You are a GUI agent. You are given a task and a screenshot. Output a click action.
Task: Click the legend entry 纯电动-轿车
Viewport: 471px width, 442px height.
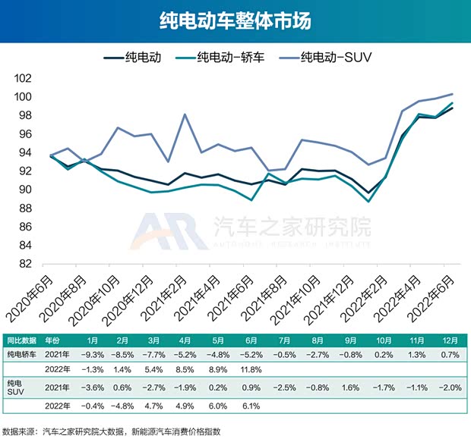pyautogui.click(x=220, y=57)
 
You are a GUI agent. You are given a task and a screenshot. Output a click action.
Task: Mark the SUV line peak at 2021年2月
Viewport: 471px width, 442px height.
pyautogui.click(x=185, y=114)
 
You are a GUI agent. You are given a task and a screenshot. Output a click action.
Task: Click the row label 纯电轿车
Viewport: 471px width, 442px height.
pyautogui.click(x=22, y=354)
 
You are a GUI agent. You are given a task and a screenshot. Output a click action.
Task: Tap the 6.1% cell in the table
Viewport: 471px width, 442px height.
pyautogui.click(x=252, y=405)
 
